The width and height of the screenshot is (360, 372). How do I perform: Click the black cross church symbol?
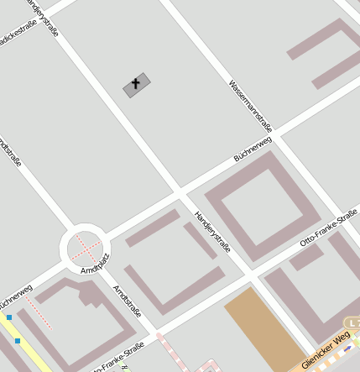pyautogui.click(x=136, y=85)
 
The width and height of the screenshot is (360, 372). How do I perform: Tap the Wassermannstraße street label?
pyautogui.click(x=250, y=101)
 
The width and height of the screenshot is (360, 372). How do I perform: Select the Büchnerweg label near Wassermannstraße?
pyautogui.click(x=253, y=149)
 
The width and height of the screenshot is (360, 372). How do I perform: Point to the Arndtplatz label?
pyautogui.click(x=95, y=263)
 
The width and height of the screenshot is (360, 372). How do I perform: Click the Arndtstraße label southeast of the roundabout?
pyautogui.click(x=127, y=300)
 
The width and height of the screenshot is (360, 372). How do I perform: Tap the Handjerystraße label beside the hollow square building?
pyautogui.click(x=212, y=232)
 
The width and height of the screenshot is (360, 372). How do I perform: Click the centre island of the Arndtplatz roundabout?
pyautogui.click(x=84, y=247)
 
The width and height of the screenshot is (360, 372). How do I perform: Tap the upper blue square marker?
pyautogui.click(x=9, y=317)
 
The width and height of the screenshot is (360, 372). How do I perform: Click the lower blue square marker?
pyautogui.click(x=17, y=341)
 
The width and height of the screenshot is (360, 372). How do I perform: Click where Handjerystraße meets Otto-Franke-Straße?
pyautogui.click(x=250, y=276)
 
